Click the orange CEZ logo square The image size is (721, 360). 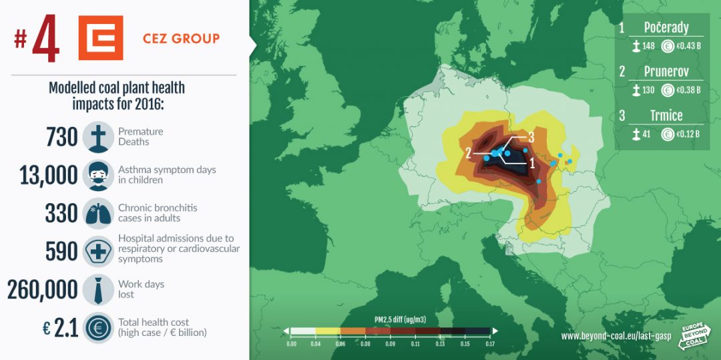click(101, 37)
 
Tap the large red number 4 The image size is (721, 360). click(46, 39)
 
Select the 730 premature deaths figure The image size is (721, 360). click(62, 137)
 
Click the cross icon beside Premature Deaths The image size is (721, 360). click(98, 137)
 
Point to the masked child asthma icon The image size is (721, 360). click(98, 175)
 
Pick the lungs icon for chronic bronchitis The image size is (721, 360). click(98, 213)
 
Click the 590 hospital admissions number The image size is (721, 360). click(61, 252)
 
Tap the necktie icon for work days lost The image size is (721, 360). click(98, 290)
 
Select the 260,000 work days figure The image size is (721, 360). click(42, 290)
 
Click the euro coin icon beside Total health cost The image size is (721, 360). click(98, 328)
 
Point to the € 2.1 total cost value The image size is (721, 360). click(60, 329)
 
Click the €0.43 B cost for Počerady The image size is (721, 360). click(688, 47)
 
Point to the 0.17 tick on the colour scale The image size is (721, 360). click(489, 343)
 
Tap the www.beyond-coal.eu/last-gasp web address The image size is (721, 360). click(616, 336)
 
